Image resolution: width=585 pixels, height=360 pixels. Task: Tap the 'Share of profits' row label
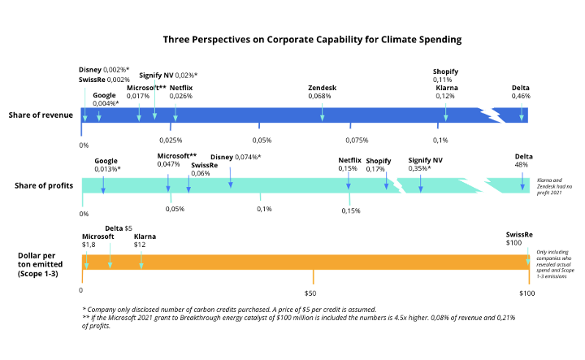[x=44, y=185]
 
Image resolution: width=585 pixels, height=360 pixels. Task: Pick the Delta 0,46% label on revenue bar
[x=521, y=92]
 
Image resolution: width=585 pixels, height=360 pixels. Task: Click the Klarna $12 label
[x=145, y=241]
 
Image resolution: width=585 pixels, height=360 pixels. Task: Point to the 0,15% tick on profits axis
[x=350, y=210]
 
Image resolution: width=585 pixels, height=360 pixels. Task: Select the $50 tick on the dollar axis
[x=310, y=292]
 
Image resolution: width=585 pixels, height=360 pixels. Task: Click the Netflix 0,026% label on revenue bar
[x=181, y=92]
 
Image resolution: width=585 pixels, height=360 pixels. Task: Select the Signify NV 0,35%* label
[x=425, y=165]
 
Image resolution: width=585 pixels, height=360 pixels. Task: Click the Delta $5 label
[x=119, y=228]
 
